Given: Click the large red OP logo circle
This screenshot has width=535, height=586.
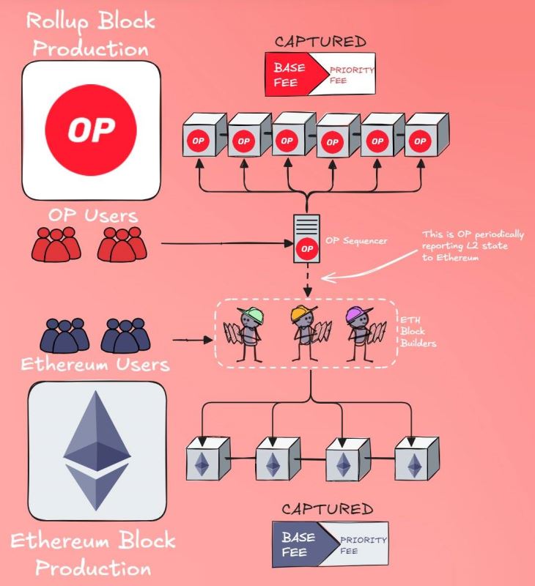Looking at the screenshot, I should (92, 130).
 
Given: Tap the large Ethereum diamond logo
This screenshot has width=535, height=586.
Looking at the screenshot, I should (97, 451).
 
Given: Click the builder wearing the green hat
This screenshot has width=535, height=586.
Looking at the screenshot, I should (250, 334).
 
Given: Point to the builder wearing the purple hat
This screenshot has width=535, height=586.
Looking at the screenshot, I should (358, 334).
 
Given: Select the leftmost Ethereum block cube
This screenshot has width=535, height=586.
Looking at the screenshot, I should (205, 459).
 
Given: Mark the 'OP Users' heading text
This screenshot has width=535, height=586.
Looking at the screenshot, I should (94, 215).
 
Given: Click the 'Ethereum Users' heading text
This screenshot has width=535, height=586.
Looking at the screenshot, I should (95, 364).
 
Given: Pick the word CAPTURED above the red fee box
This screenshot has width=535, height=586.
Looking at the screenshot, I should (320, 42).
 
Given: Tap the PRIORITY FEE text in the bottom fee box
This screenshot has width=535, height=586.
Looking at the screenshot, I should (361, 544).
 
